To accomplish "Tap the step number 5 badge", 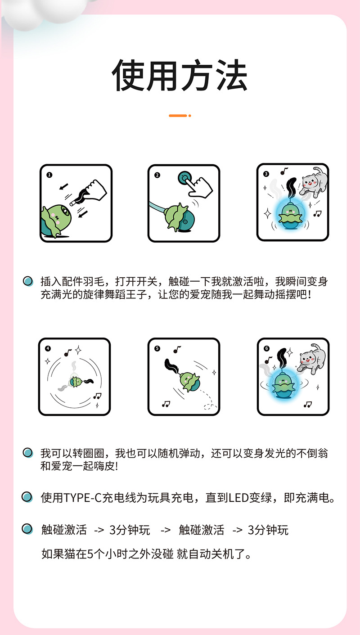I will tap(157, 348).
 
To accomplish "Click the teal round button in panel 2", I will tap(184, 178).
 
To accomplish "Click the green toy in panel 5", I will tap(189, 382).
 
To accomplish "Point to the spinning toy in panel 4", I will tap(76, 382).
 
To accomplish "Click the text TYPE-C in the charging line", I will tap(82, 498).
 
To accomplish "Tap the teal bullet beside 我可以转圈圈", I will tap(28, 452).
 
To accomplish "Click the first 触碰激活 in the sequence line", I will tap(64, 530).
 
